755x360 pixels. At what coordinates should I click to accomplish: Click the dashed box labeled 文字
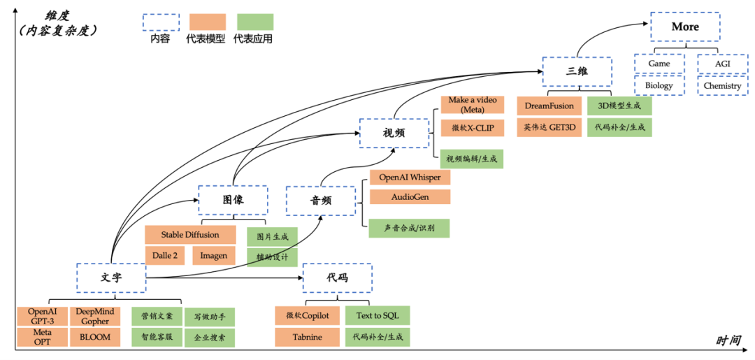111,278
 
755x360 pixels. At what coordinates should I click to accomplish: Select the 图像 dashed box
233,200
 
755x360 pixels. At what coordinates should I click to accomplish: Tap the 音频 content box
321,201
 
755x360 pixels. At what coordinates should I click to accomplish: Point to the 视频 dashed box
394,133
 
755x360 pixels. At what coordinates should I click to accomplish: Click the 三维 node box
577,71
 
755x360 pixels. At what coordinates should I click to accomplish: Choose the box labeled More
685,27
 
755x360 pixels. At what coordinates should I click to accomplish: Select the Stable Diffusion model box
190,235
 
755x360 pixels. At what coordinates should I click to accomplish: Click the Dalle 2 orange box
165,255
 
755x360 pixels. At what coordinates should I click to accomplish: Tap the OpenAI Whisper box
410,178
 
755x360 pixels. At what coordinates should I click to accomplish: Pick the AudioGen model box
410,197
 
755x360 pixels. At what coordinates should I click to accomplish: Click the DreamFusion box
549,106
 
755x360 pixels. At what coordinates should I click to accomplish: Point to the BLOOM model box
95,337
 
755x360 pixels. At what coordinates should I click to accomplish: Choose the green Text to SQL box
377,316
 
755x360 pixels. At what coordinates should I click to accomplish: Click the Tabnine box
307,337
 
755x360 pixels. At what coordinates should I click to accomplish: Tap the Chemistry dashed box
722,86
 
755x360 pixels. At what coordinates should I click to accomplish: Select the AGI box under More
722,64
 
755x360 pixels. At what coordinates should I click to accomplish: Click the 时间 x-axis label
728,340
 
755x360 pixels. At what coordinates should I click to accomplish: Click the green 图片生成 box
272,236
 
